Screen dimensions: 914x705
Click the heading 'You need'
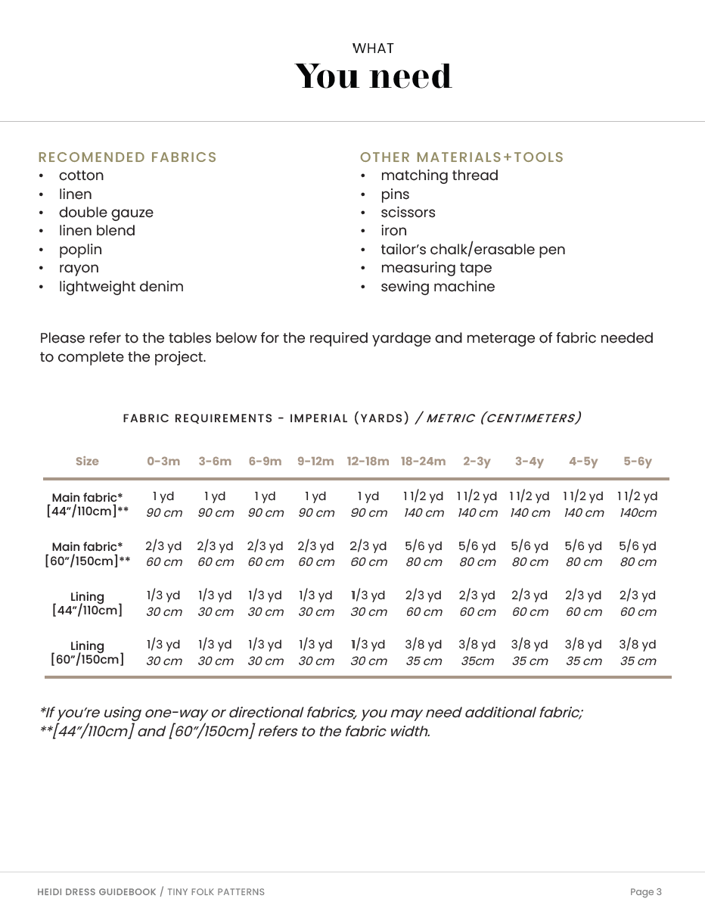[x=373, y=76]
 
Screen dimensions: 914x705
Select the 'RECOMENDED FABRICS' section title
[x=127, y=157]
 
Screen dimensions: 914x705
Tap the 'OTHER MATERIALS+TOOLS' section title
[x=461, y=157]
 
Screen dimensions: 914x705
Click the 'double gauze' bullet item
[x=106, y=213]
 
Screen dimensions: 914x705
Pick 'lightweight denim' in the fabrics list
[x=121, y=287]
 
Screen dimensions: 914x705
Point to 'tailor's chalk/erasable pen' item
[x=473, y=250]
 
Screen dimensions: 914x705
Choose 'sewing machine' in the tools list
[x=437, y=287]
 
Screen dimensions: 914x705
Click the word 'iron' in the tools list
[x=393, y=231]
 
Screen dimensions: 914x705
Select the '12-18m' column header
[x=368, y=462]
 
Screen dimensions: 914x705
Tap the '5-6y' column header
[x=638, y=462]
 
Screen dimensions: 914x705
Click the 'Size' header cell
[x=87, y=462]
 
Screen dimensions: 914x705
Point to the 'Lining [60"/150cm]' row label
[x=87, y=652]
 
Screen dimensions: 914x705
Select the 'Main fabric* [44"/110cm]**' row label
[x=87, y=504]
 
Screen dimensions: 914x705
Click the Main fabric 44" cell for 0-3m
[x=163, y=504]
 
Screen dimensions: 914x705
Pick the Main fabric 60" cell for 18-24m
[x=424, y=554]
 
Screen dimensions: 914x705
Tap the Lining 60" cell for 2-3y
[x=477, y=652]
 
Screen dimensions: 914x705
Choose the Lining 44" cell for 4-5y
[x=583, y=603]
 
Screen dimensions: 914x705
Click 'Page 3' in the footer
[x=645, y=892]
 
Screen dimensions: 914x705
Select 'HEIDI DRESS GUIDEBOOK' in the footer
[x=96, y=892]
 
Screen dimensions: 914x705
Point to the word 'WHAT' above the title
[x=373, y=48]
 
